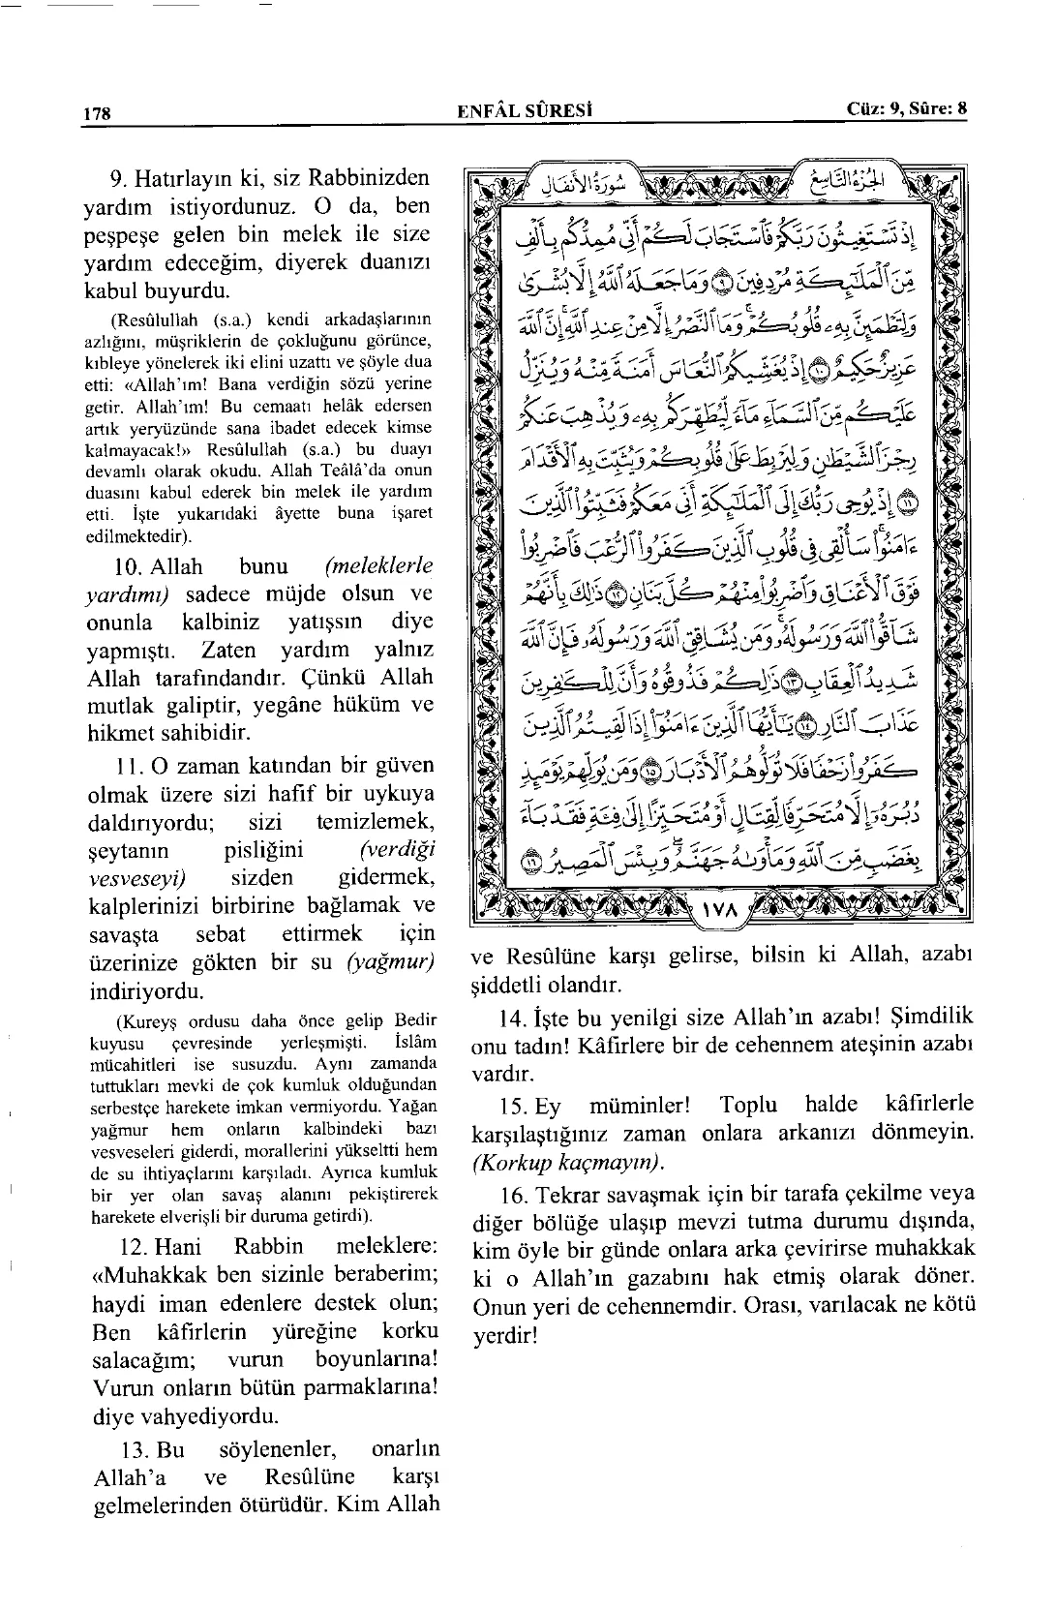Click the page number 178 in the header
click(x=98, y=112)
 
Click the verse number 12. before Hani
click(x=128, y=1247)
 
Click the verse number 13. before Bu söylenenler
click(x=128, y=1450)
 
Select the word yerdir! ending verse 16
click(x=503, y=1336)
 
